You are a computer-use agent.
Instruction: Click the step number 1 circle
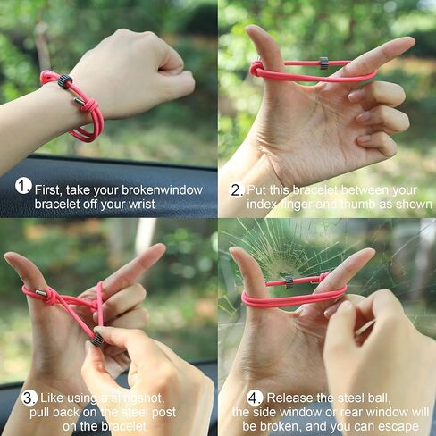pyautogui.click(x=23, y=186)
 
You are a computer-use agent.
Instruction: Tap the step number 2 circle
pyautogui.click(x=237, y=189)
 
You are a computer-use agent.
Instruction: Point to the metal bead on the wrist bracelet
pyautogui.click(x=65, y=81)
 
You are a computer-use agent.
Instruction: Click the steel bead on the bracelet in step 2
pyautogui.click(x=324, y=63)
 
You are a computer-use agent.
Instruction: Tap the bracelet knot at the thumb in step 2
pyautogui.click(x=257, y=68)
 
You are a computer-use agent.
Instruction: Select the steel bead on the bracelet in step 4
pyautogui.click(x=289, y=281)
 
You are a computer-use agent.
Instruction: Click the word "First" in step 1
pyautogui.click(x=50, y=189)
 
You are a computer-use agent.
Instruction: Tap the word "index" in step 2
pyautogui.click(x=254, y=205)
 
